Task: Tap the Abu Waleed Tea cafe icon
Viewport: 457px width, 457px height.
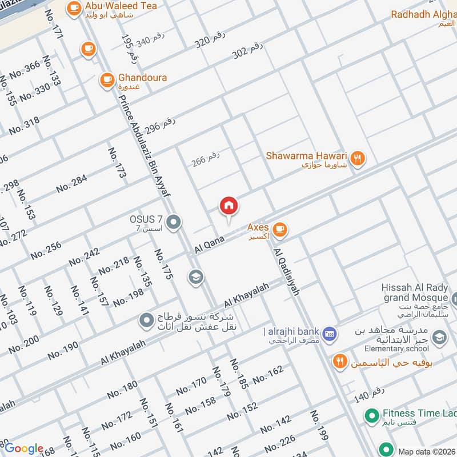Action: click(74, 8)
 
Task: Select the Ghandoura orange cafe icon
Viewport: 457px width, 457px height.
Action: click(107, 81)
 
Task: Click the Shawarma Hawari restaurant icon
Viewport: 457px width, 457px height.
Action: click(358, 159)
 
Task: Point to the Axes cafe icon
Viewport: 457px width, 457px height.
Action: click(279, 230)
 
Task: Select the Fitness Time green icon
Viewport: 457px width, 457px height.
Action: click(372, 415)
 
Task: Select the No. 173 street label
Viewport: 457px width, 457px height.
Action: click(117, 163)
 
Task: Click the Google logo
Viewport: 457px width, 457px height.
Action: click(23, 449)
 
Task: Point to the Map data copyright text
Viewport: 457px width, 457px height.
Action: click(426, 452)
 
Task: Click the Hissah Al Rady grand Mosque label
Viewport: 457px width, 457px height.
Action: click(415, 293)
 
